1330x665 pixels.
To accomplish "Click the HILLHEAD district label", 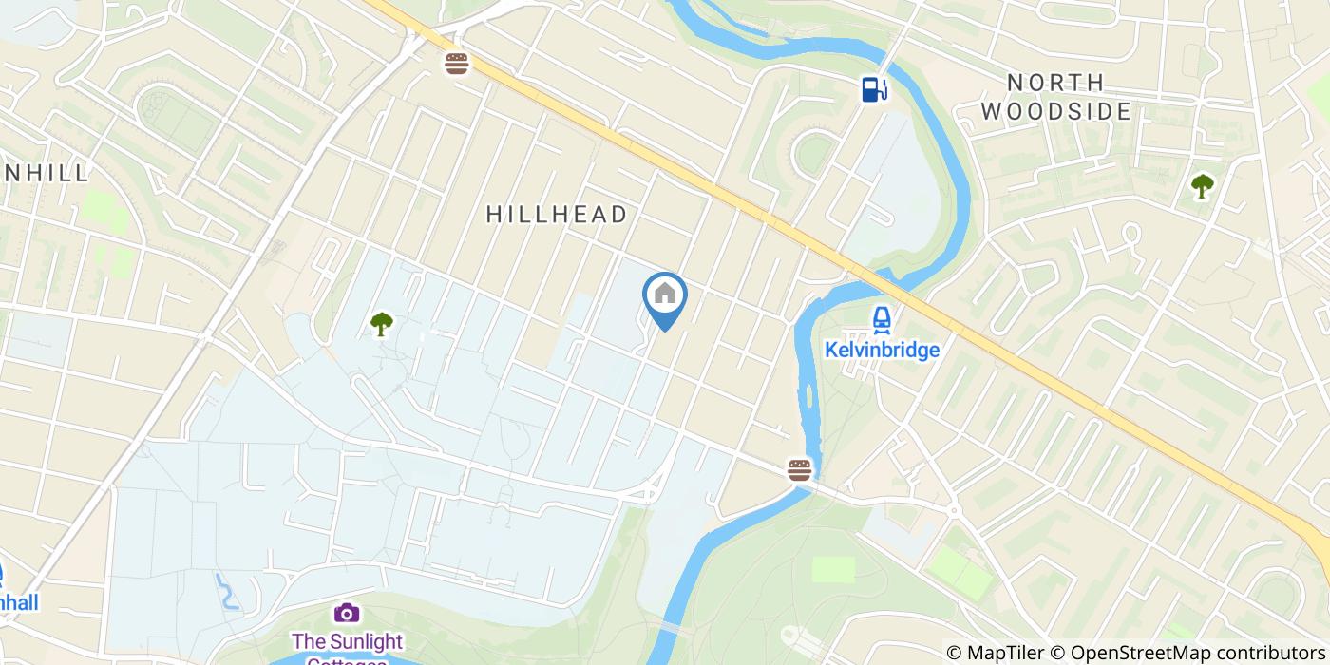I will (x=557, y=215).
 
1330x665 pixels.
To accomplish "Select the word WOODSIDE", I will (x=1055, y=112).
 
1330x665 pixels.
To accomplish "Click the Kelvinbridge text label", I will (x=881, y=350).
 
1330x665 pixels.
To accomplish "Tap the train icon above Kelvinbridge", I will (x=881, y=319).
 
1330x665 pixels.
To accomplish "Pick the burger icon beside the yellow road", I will (x=457, y=64).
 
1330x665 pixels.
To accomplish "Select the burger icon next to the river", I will (x=799, y=468).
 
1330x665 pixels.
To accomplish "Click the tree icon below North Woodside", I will (x=1202, y=186).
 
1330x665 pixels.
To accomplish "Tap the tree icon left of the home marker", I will (x=382, y=325).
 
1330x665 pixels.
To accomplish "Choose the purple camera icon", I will (x=347, y=613).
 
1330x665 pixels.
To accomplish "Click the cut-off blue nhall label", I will (x=19, y=602).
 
